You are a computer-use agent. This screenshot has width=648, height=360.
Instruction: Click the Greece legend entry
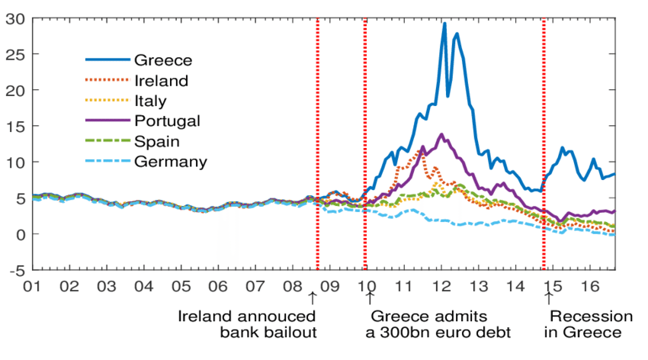click(x=162, y=60)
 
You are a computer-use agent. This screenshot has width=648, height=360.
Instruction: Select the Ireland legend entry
click(x=161, y=80)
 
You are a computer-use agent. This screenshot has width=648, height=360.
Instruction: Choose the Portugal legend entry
click(x=167, y=121)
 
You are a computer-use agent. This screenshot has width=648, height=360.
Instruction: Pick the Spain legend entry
click(x=156, y=141)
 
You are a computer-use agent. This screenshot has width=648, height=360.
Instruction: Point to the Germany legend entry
click(x=170, y=161)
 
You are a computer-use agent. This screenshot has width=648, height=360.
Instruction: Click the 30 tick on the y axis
click(x=16, y=18)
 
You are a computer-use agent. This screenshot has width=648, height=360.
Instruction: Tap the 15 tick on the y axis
click(x=16, y=127)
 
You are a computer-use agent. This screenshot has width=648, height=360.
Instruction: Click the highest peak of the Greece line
click(x=444, y=23)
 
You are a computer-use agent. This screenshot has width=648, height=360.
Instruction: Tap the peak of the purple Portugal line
click(x=441, y=134)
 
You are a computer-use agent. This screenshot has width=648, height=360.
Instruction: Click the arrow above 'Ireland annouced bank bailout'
click(x=312, y=297)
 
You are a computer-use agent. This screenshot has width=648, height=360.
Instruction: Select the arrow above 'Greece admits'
click(x=371, y=297)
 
